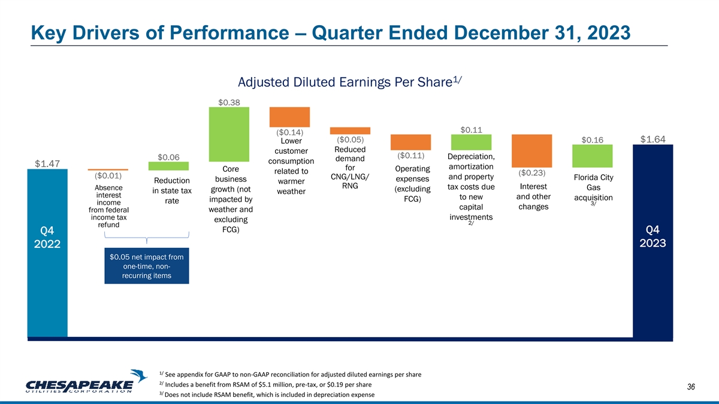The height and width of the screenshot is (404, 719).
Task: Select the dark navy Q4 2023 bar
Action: (653, 245)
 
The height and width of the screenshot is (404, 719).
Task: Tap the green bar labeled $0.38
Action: (229, 135)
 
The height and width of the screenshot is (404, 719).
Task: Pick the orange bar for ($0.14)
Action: (289, 117)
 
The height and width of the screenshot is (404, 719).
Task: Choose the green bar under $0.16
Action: (592, 156)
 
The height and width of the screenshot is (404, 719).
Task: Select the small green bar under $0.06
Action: (168, 166)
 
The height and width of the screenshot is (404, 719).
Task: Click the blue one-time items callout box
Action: (147, 266)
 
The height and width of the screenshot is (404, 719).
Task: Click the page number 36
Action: (690, 387)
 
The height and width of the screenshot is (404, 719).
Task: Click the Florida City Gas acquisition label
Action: (592, 188)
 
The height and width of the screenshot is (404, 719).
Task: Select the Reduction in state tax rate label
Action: (171, 191)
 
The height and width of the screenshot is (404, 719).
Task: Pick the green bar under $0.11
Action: (471, 142)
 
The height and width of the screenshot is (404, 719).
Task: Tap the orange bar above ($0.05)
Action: (350, 130)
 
